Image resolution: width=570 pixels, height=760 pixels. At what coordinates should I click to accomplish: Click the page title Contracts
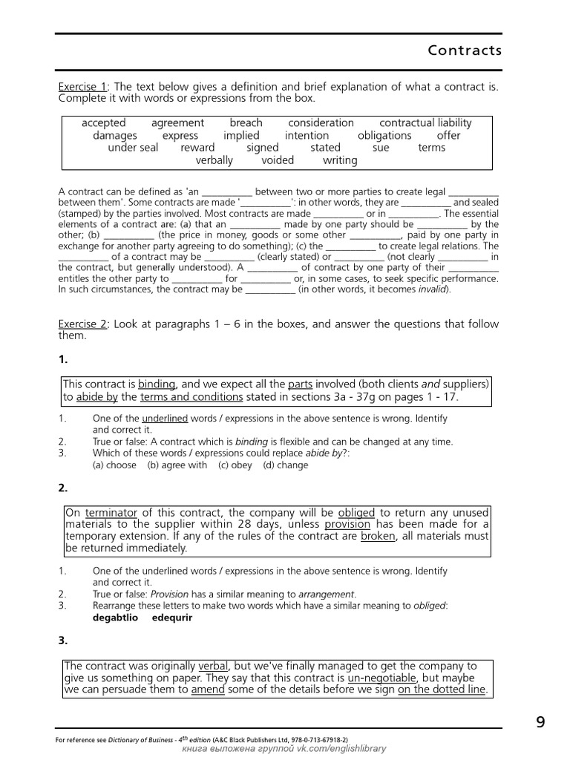point(465,50)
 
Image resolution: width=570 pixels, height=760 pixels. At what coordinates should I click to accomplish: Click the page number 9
point(540,721)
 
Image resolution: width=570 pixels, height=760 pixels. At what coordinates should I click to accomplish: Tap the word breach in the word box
point(246,123)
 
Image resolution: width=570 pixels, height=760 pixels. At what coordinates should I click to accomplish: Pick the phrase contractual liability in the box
point(425,123)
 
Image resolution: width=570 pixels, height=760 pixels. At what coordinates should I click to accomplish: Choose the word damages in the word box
point(115,136)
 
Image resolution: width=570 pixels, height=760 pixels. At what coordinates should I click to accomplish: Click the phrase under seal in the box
point(133,148)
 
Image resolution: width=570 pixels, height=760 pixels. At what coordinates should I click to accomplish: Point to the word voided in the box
point(278,160)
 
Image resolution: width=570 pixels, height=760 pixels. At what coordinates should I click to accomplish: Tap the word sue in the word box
point(381,148)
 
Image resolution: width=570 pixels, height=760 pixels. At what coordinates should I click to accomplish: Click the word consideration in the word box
point(321,123)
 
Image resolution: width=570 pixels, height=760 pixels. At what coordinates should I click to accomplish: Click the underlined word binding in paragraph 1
point(157,384)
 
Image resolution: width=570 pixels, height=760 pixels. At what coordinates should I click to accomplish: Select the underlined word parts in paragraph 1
point(300,384)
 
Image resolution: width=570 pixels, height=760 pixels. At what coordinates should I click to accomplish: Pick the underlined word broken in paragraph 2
point(378,537)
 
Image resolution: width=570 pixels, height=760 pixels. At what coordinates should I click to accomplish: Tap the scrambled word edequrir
point(172,617)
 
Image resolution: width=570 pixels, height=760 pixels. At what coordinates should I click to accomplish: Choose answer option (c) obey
point(235,465)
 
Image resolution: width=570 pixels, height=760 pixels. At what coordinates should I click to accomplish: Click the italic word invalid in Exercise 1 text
point(431,290)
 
